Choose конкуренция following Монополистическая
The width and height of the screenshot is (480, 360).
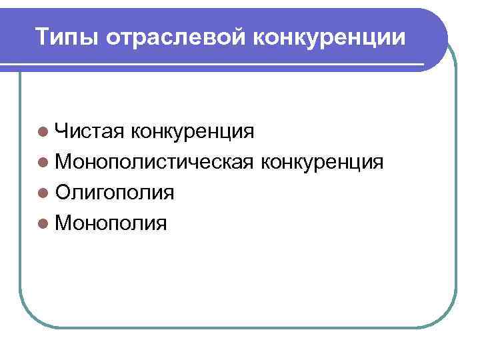tap(323, 162)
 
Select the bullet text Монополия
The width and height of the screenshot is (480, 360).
tap(111, 223)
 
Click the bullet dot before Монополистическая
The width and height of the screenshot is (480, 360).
tap(43, 162)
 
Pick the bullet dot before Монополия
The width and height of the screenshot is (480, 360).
tap(43, 223)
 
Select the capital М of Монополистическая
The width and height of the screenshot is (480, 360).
tap(64, 162)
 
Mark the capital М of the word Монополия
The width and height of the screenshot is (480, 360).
tap(64, 223)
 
